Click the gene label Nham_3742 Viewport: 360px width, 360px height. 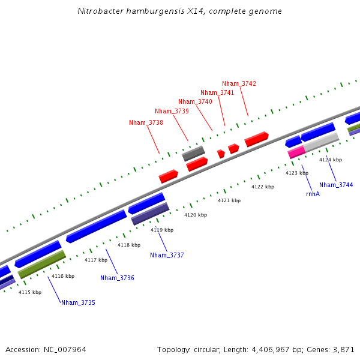pos(239,83)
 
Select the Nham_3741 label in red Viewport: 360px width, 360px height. pos(217,92)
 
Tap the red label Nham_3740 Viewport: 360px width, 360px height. pos(195,101)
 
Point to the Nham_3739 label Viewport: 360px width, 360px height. pos(172,111)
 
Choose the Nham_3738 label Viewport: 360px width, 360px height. pos(146,122)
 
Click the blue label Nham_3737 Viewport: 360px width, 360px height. pos(167,255)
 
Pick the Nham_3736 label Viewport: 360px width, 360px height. pos(117,278)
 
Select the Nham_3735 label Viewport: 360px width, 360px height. pos(78,302)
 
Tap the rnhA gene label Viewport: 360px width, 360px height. pos(313,194)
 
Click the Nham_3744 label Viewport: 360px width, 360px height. pos(336,185)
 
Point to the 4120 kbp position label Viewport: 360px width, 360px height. pos(195,215)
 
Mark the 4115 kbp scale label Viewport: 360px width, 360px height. pos(30,292)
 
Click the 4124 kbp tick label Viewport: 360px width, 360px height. pos(331,160)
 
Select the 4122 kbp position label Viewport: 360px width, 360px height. pos(262,187)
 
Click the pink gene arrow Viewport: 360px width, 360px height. pos(296,152)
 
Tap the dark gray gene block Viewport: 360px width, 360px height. pos(193,154)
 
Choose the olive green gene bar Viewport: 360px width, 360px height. pos(41,265)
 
